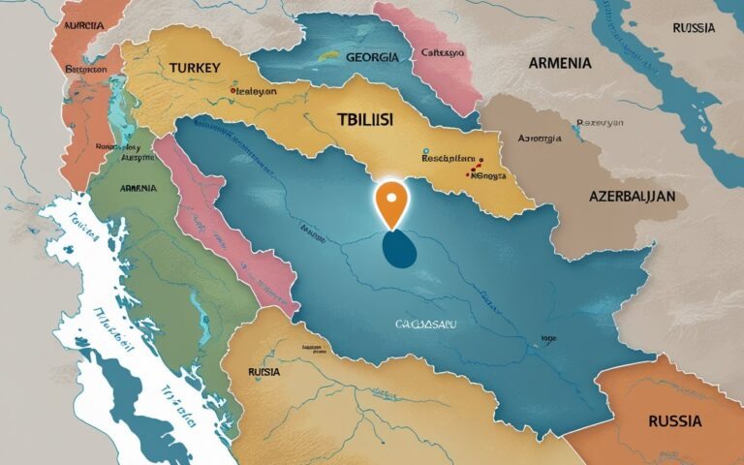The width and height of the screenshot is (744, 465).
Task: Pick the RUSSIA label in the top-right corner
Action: pos(694,27)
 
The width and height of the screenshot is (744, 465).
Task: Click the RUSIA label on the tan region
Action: pos(263,371)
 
